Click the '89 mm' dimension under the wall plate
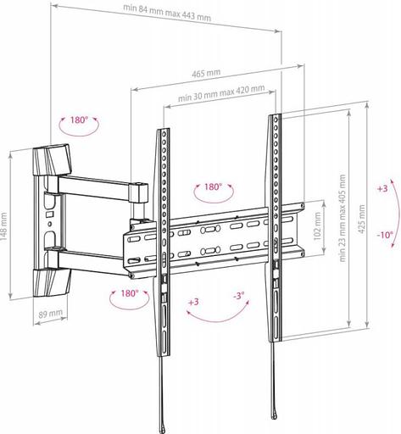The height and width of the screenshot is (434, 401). click(x=51, y=313)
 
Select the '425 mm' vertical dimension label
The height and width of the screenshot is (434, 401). click(x=362, y=218)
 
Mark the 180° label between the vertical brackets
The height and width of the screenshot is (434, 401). click(x=212, y=186)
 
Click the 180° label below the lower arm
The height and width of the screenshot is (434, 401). click(x=128, y=292)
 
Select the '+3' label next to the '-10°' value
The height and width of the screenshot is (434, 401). click(x=383, y=187)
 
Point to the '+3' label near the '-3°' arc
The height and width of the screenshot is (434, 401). click(x=193, y=301)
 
